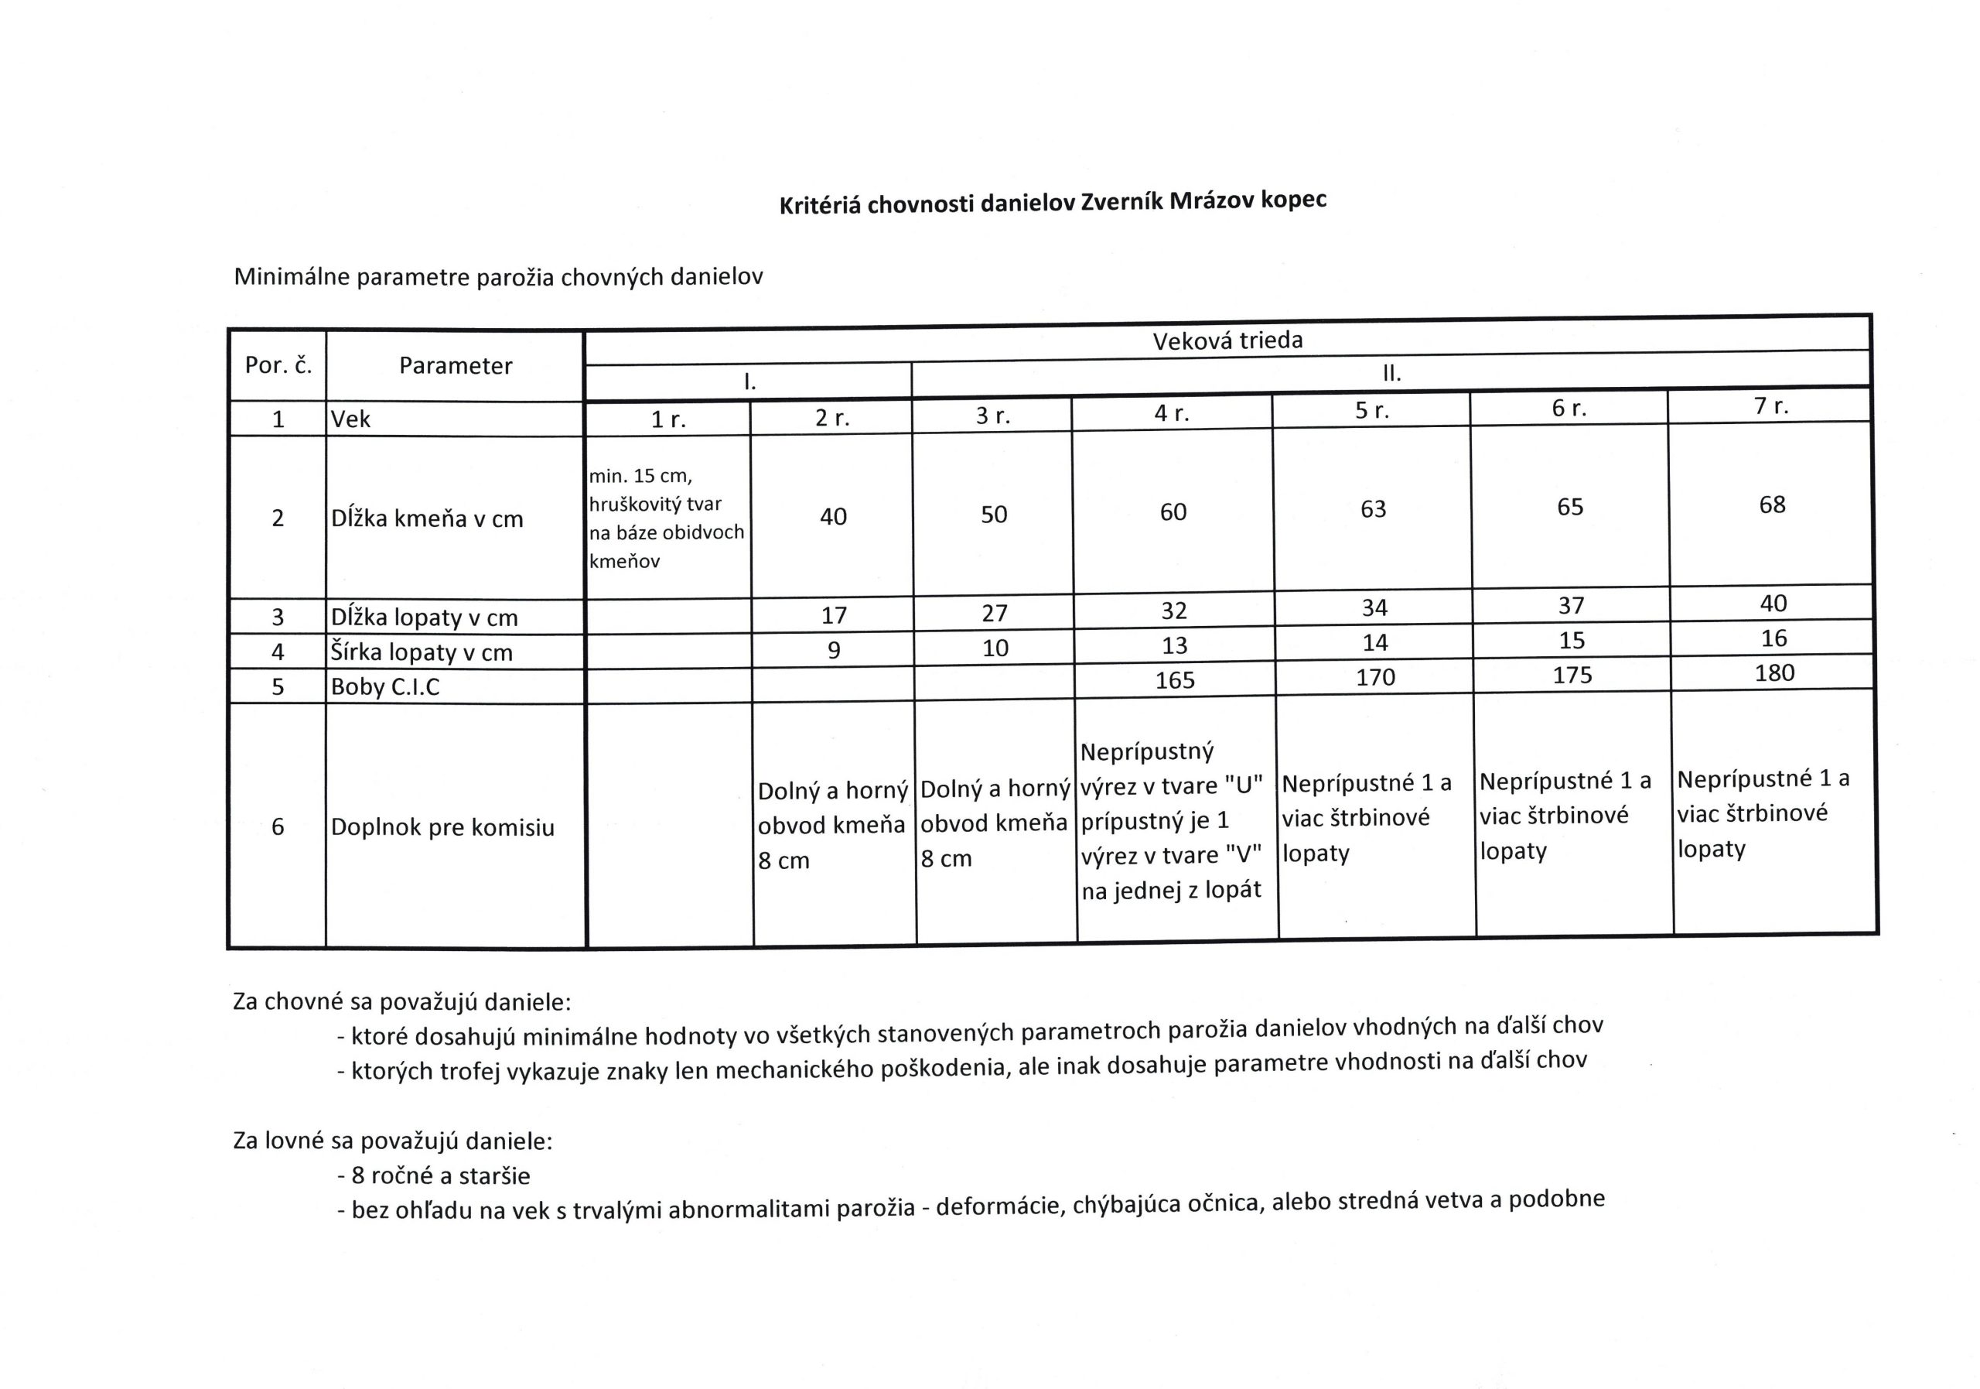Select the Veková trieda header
pos(1227,340)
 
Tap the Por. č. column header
pos(278,365)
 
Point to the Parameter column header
pos(456,366)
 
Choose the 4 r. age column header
pos(1172,413)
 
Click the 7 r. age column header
pos(1771,405)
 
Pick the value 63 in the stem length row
pos(1373,509)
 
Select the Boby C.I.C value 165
pos(1175,680)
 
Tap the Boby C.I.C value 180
pos(1774,673)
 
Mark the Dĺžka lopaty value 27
pos(995,614)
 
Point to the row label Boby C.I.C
pos(384,686)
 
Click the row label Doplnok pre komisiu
pos(442,827)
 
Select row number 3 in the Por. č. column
pos(278,617)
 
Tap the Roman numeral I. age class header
pos(749,381)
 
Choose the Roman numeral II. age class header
pos(1391,374)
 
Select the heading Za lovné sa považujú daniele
pos(392,1141)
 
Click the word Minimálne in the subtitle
pos(292,278)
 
